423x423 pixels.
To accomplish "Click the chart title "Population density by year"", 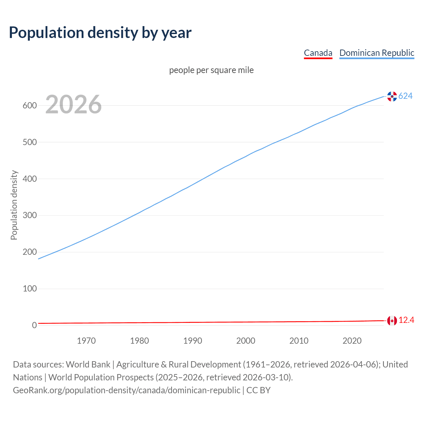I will (100, 32).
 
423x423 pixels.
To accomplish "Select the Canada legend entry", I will (318, 53).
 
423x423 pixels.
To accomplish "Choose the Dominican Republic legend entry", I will (377, 53).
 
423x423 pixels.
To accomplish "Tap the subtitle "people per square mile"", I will (211, 70).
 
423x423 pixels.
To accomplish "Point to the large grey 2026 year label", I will (73, 104).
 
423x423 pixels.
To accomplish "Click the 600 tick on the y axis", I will (29, 106).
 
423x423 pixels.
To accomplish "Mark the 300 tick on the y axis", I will (29, 215).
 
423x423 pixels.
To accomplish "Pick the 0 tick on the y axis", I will (34, 325).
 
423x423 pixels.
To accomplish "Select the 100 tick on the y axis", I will (29, 289).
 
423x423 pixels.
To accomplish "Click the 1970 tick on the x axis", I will (86, 341).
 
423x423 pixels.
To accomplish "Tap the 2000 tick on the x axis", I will (246, 341).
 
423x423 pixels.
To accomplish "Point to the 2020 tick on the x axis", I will (352, 341).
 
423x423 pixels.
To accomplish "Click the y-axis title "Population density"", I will (14, 205).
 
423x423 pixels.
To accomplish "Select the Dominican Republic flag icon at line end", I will (392, 96).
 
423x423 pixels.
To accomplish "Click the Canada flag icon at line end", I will (392, 321).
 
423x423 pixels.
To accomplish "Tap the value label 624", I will (405, 96).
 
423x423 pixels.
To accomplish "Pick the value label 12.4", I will (406, 320).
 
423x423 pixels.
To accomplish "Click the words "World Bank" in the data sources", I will (88, 365).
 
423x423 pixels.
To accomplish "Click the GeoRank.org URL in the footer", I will (127, 390).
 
